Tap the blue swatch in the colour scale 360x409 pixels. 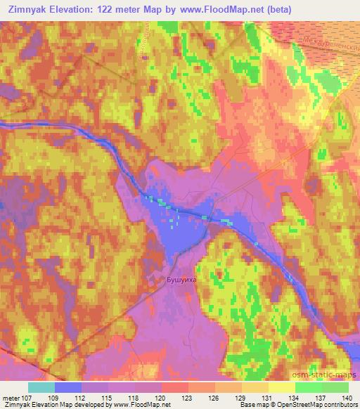tap(67, 387)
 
